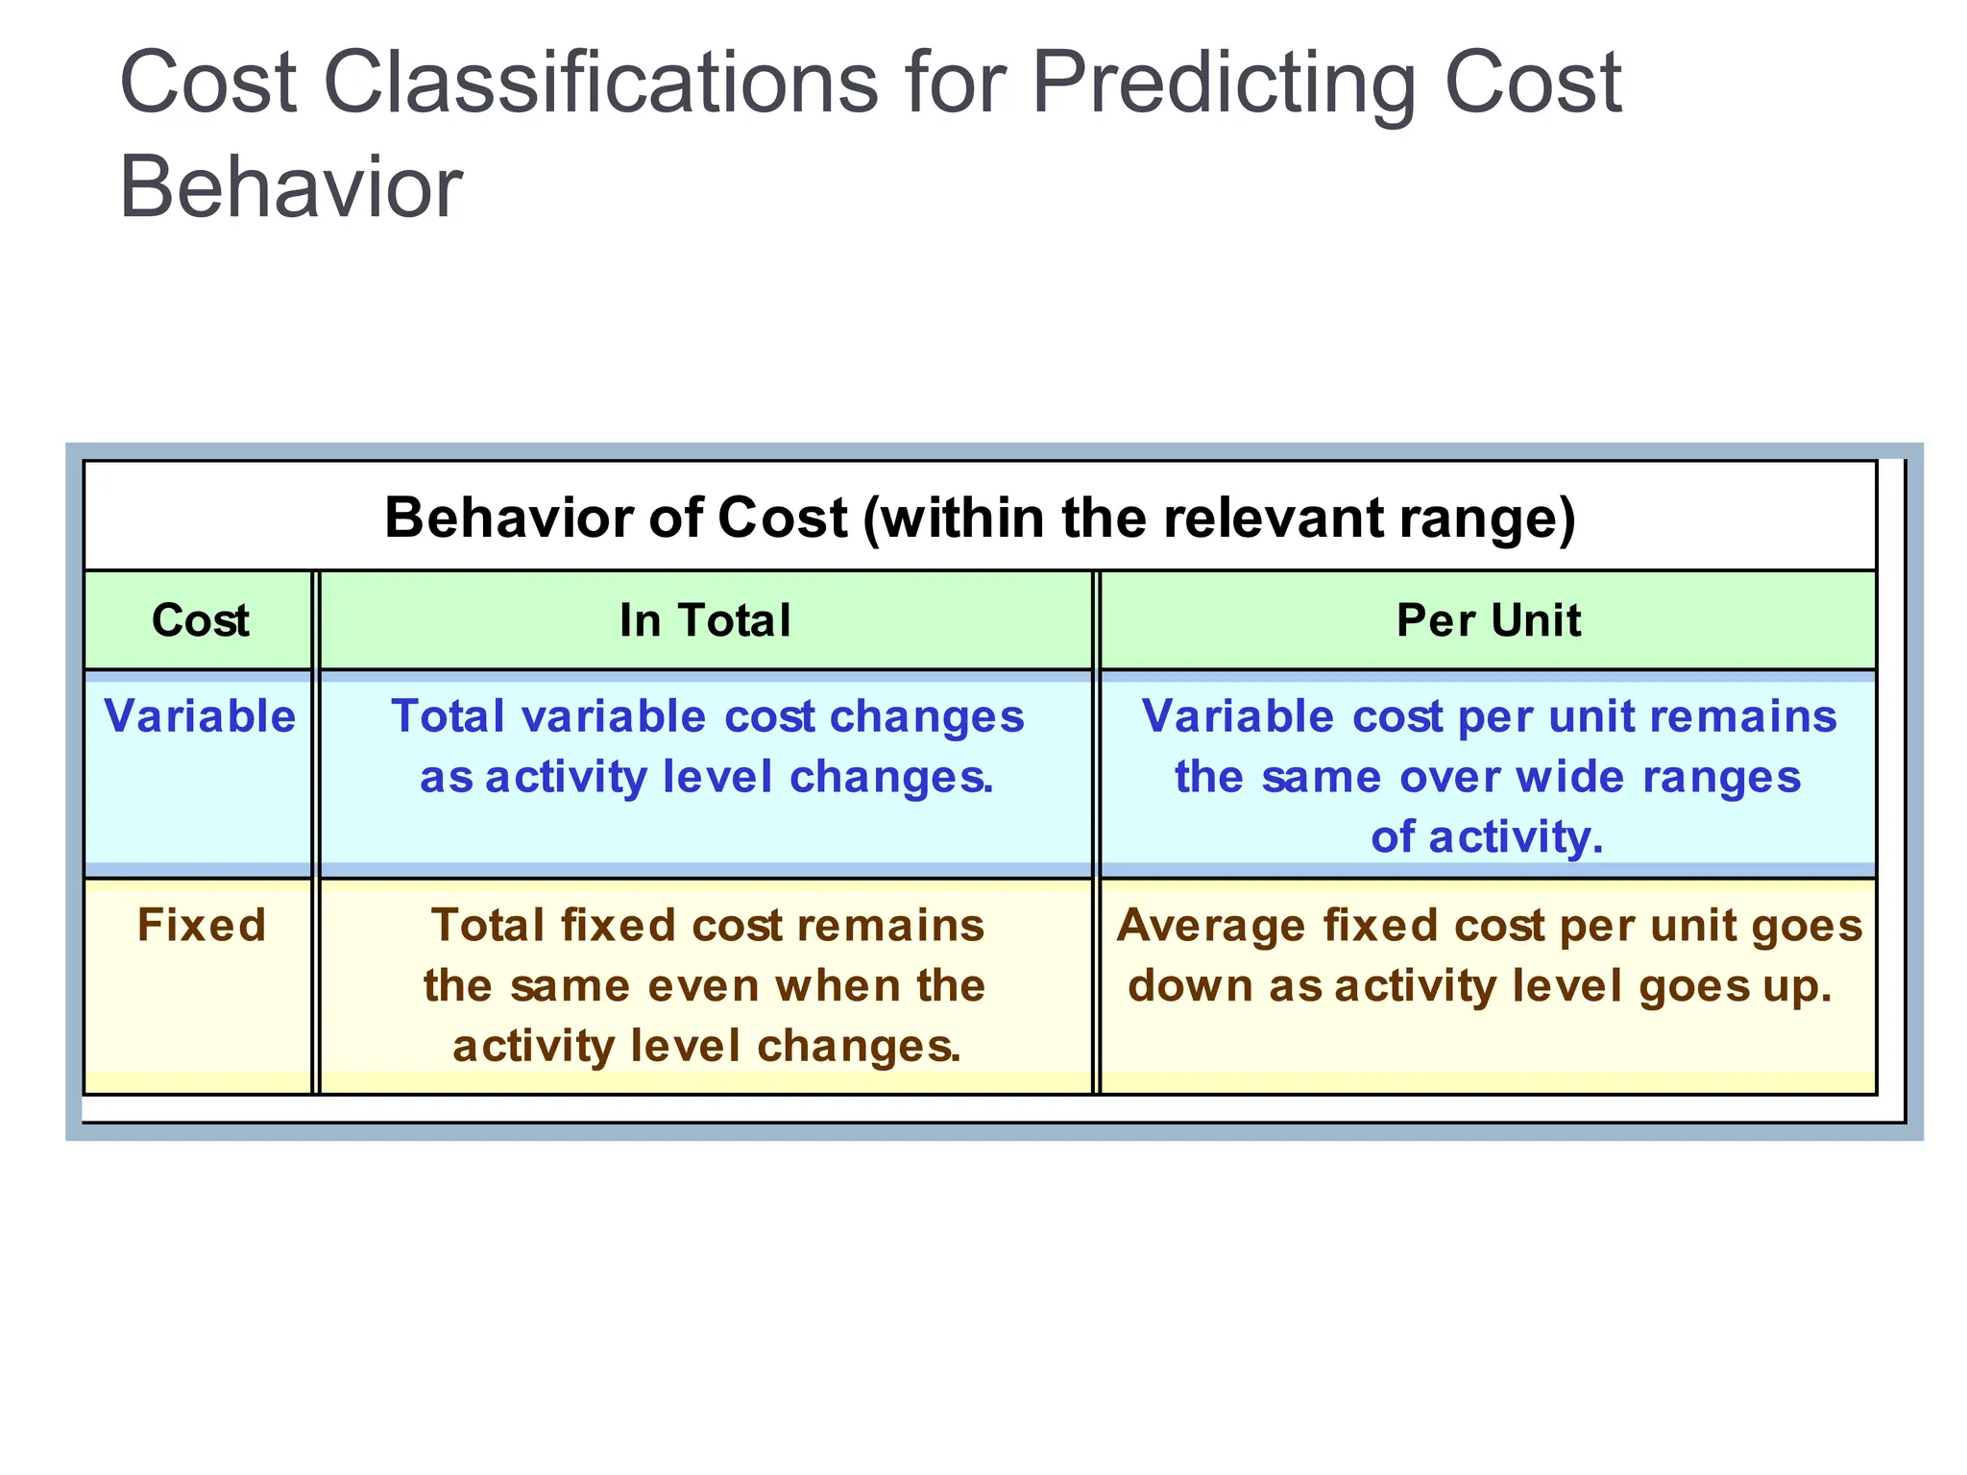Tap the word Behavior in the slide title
[290, 187]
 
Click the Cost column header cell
[200, 620]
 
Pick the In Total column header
[705, 620]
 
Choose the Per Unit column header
[1488, 620]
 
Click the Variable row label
[200, 716]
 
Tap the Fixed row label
[202, 926]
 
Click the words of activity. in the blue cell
[1487, 837]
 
